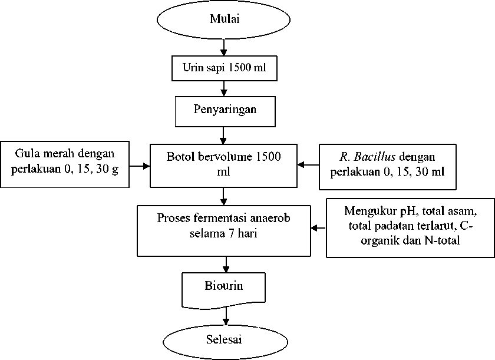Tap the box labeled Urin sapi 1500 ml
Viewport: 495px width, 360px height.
(x=225, y=68)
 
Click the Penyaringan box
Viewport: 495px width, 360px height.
(x=225, y=112)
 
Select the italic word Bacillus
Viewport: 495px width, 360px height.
(x=375, y=157)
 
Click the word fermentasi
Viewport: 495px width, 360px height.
(x=220, y=218)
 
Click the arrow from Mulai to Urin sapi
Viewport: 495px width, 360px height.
(x=223, y=48)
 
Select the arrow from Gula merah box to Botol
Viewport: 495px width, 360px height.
(x=140, y=166)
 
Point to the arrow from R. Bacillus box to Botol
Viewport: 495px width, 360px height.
(x=308, y=165)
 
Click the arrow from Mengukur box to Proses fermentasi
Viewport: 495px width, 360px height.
(x=319, y=228)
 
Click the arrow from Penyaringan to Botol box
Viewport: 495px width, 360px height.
(x=223, y=136)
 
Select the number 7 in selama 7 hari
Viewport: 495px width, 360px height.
(x=232, y=234)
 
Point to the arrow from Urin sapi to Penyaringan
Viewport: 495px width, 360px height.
(x=224, y=88)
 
